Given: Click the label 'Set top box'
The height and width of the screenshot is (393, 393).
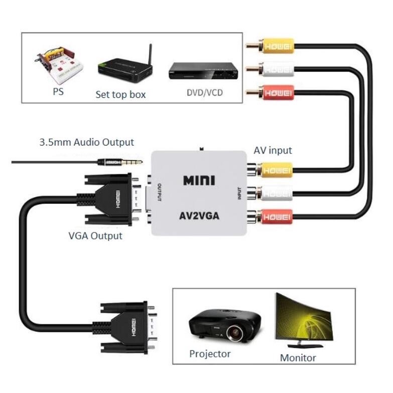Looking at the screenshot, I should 120,94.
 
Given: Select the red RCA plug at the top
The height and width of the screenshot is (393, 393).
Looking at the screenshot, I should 274,92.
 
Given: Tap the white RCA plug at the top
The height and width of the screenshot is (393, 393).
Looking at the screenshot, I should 274,68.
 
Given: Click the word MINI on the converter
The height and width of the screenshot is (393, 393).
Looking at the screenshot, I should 199,180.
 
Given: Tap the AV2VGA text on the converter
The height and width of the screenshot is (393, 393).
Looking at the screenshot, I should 199,217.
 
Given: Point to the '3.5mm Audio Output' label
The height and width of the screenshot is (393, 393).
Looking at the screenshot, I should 87,142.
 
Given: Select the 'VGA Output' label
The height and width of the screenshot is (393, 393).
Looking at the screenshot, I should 95,235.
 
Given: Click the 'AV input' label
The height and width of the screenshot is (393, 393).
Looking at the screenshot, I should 273,150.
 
